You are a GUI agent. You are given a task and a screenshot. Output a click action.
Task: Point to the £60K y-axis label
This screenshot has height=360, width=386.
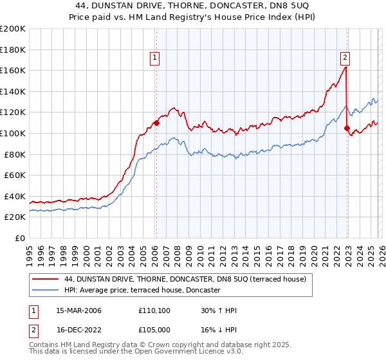click(15, 175)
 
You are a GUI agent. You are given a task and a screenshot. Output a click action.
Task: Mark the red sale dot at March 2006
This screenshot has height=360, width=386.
click(156, 122)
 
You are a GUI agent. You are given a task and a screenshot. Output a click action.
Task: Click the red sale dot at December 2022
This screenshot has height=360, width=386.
click(347, 128)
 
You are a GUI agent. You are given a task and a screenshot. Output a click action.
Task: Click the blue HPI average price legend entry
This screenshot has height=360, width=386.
click(143, 291)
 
